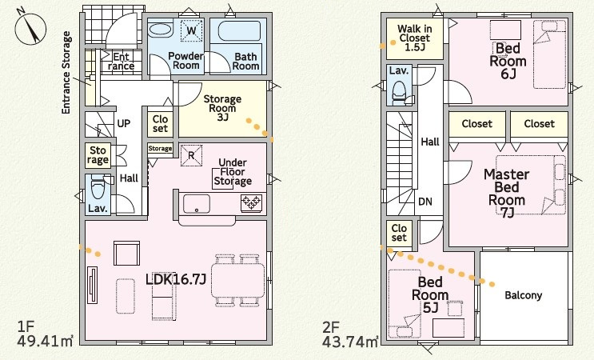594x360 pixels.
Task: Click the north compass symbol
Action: click(30, 28)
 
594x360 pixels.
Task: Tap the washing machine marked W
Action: click(192, 30)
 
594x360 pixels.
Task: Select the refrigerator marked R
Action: click(191, 155)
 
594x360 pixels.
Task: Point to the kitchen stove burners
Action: click(251, 202)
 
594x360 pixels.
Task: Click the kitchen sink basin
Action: click(197, 204)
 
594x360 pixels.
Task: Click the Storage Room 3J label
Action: click(222, 108)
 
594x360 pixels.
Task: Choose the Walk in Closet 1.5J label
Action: click(415, 38)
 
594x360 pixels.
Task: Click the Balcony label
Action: click(524, 295)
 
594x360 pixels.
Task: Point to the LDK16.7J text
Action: click(176, 280)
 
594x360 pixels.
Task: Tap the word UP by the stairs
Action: click(123, 123)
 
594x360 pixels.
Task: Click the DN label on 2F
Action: click(425, 202)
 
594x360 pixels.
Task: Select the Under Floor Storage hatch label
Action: click(233, 172)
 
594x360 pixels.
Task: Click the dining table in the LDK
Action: click(238, 280)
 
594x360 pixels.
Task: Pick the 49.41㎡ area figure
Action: click(45, 341)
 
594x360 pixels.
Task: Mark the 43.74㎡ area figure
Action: click(350, 341)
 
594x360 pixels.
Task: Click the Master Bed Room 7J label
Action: click(507, 194)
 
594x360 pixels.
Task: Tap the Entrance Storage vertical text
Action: click(66, 73)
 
